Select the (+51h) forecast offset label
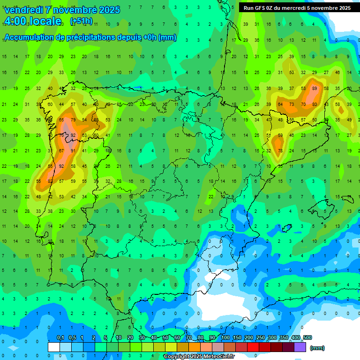(81, 21)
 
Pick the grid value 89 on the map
(314, 88)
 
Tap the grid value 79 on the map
(73, 120)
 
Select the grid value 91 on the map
(73, 151)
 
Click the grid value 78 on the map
(280, 151)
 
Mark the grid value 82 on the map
(50, 181)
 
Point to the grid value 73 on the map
(292, 104)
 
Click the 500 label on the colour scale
(307, 338)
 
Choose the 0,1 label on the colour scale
(60, 338)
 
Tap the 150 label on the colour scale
(237, 338)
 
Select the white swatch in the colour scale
(54, 347)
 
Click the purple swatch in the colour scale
(300, 347)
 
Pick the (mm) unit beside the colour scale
(317, 348)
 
